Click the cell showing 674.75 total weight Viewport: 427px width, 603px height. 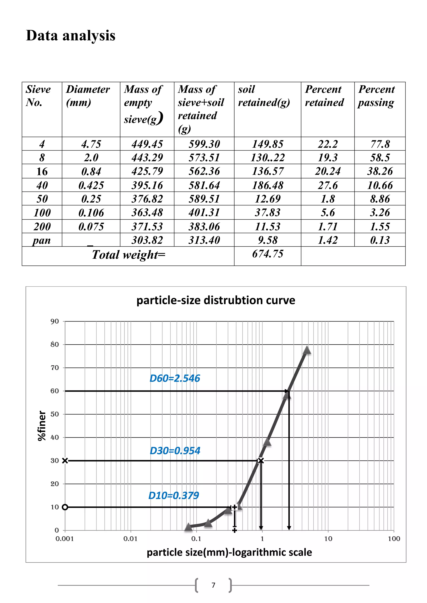tap(268, 254)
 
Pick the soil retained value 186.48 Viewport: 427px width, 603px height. tap(268, 185)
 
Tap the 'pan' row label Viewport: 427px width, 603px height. tap(41, 240)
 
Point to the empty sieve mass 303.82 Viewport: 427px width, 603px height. tap(147, 240)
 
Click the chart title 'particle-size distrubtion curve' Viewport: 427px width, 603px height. tap(216, 300)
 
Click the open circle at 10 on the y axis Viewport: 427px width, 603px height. tap(65, 507)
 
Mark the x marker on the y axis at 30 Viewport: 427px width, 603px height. tap(65, 461)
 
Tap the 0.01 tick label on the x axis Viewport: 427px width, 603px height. tap(130, 539)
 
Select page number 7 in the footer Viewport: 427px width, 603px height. tap(213, 585)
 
